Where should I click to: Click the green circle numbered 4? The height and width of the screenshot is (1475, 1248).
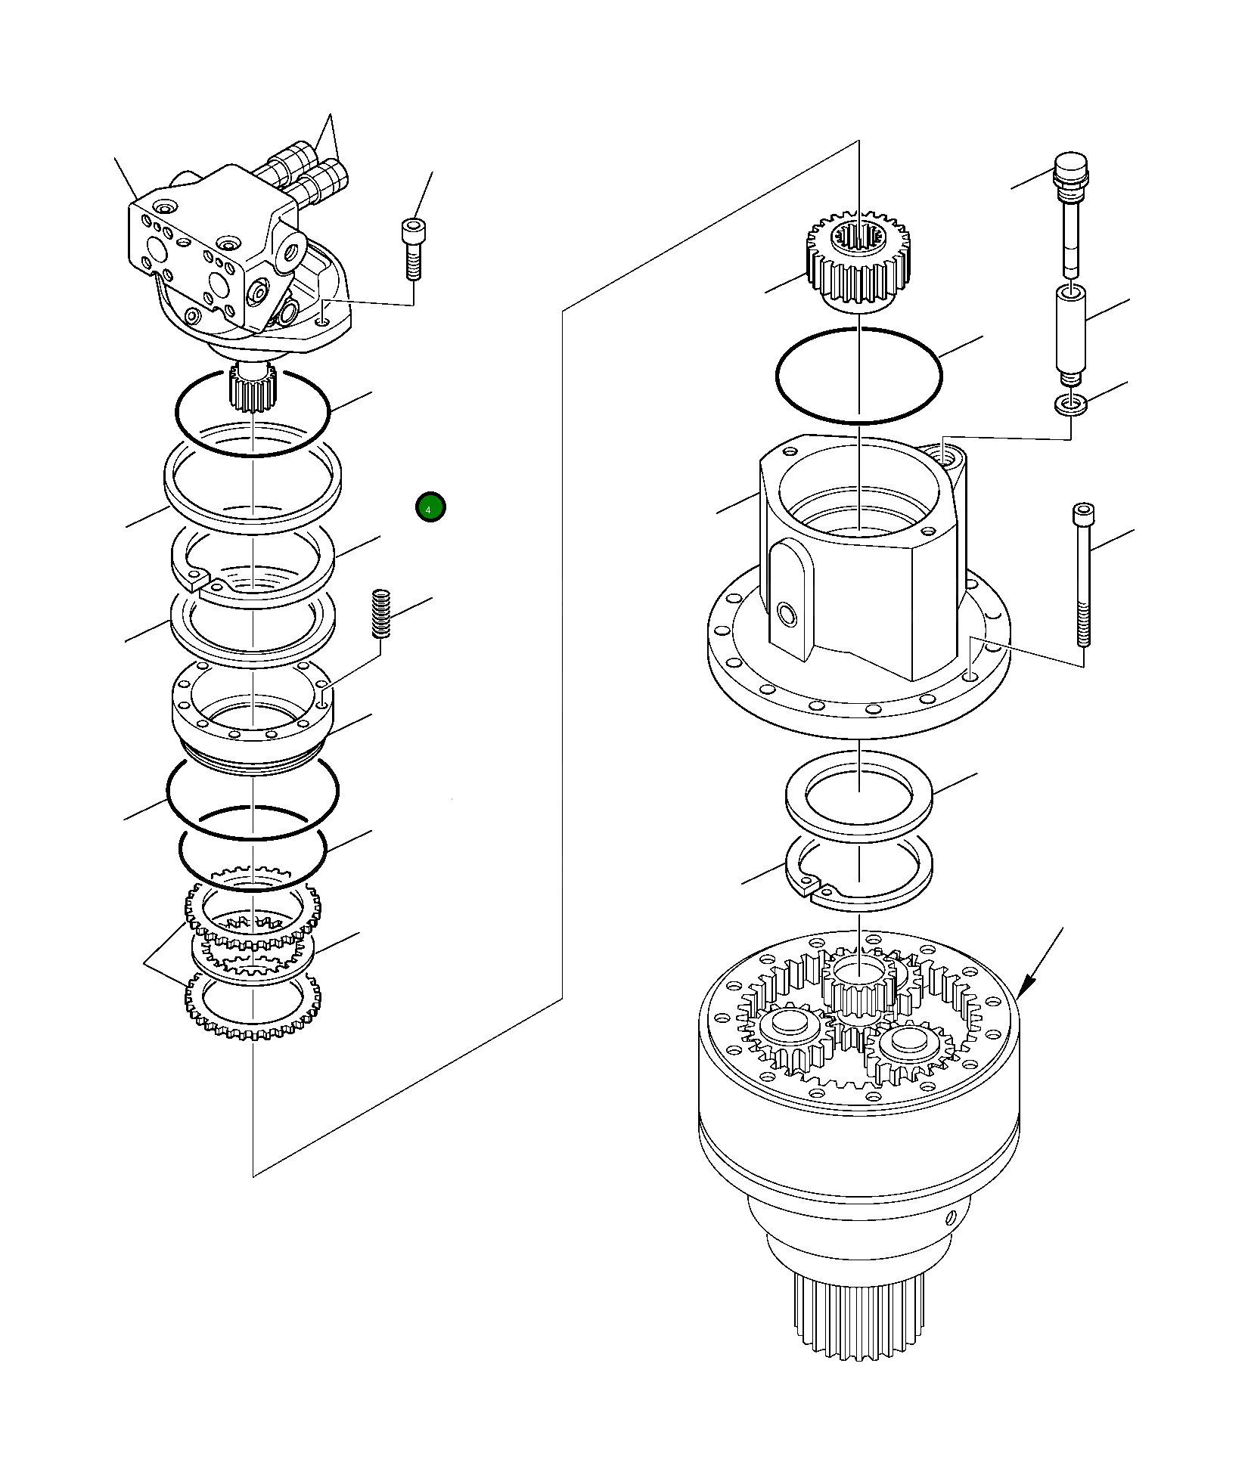click(x=430, y=507)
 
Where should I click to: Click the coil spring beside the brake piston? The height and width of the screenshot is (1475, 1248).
click(x=380, y=613)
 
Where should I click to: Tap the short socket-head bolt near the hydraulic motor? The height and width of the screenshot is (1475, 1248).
click(x=412, y=249)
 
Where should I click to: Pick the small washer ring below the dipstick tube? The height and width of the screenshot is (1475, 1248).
click(x=1071, y=404)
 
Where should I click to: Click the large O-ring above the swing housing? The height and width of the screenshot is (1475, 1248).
click(x=859, y=376)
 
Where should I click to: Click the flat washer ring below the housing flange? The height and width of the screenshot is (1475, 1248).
click(x=859, y=795)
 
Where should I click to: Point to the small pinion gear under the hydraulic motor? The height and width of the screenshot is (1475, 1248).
click(x=253, y=389)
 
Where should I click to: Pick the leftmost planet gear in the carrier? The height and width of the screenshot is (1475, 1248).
click(x=790, y=1033)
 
